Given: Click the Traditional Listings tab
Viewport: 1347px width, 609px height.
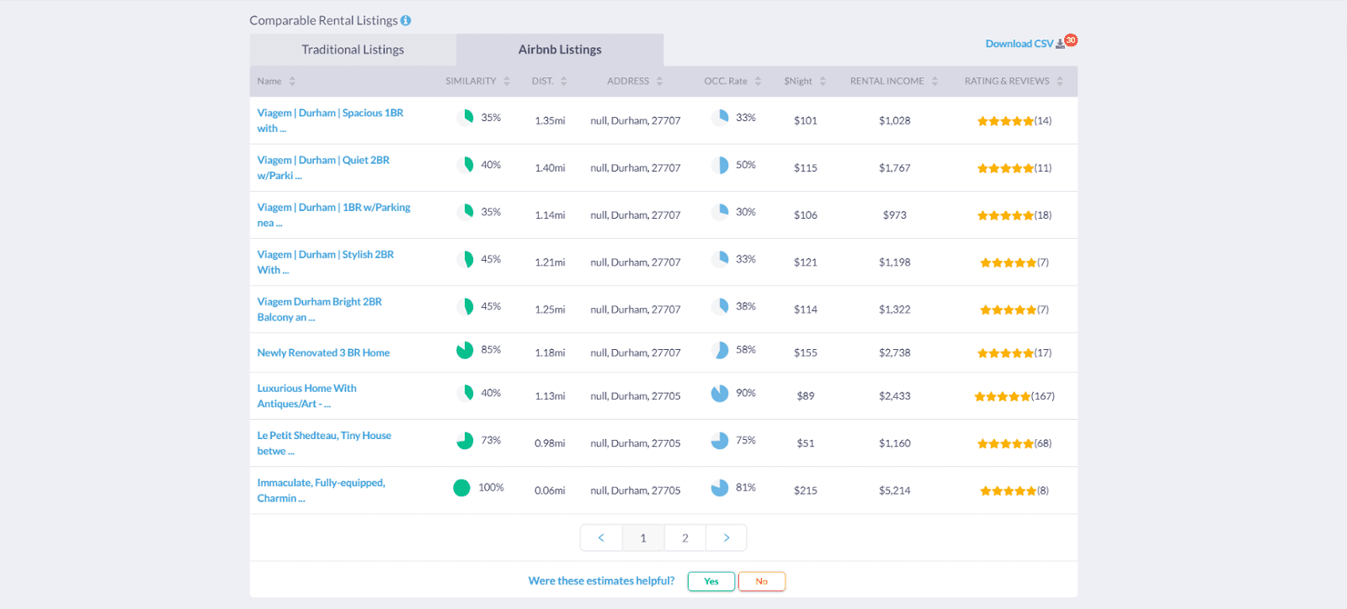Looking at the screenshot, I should point(353,50).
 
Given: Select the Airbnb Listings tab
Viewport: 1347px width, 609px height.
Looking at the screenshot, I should point(560,50).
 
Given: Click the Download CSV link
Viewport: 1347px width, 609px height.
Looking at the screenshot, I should point(1020,44).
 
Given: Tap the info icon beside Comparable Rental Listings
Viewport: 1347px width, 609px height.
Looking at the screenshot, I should point(406,20).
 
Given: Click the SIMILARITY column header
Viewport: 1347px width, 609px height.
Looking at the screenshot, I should point(471,82).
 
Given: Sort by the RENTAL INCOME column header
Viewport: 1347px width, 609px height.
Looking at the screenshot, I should point(887,82).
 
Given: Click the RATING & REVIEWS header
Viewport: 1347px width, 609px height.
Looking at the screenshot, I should point(1007,82).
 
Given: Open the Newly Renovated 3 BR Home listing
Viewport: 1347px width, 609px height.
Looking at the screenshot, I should point(323,353).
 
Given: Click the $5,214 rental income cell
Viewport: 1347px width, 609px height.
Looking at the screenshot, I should point(894,490).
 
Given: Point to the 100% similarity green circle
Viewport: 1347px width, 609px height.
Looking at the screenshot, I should point(461,488).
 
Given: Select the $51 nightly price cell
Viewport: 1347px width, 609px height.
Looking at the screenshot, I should point(805,443).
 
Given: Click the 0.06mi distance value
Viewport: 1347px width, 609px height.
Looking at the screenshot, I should point(550,490).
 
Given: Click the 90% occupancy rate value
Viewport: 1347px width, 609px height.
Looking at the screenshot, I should point(745,393).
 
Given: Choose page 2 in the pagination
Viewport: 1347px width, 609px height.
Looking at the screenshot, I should point(685,538).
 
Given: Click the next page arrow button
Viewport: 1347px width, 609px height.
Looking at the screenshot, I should point(726,538).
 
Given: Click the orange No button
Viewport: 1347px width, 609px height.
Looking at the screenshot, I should point(761,581).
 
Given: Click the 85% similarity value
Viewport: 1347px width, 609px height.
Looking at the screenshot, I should point(491,349).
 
